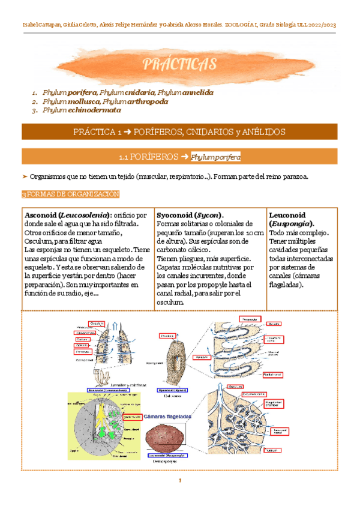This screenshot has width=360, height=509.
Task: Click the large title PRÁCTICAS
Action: pos(179,64)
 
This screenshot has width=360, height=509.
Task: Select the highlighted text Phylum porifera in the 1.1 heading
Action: pos(215,157)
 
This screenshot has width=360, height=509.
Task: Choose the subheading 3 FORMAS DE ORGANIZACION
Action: pos(70,195)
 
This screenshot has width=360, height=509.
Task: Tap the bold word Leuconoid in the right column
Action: pos(287,215)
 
